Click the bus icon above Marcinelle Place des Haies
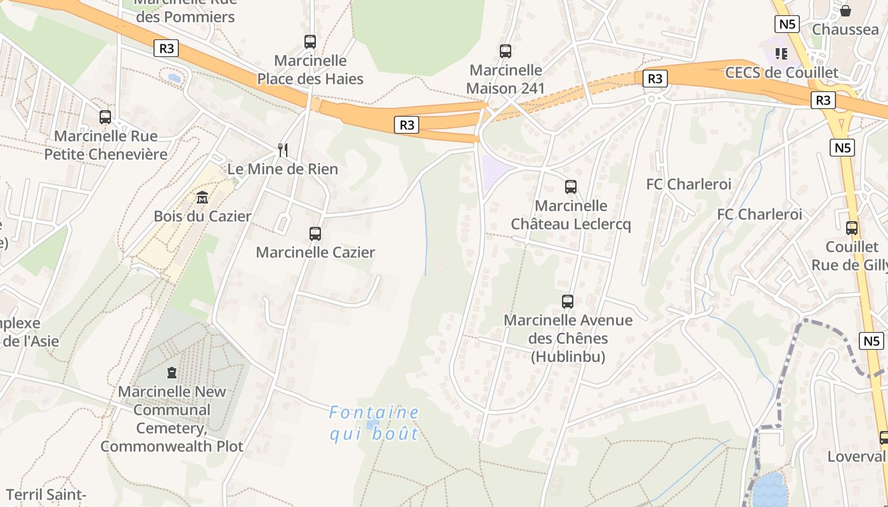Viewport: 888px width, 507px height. click(x=310, y=42)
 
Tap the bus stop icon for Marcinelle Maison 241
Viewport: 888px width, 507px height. click(x=506, y=51)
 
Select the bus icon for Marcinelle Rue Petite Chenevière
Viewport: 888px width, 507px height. click(x=105, y=117)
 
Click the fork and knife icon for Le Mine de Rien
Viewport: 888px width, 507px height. click(x=283, y=150)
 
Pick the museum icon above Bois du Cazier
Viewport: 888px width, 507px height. click(x=202, y=198)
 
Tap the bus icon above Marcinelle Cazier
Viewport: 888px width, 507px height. click(x=315, y=233)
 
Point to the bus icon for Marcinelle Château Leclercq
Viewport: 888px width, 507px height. click(x=571, y=187)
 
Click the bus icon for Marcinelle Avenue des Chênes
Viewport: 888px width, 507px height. click(x=568, y=302)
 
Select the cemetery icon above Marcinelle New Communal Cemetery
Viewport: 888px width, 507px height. click(x=171, y=373)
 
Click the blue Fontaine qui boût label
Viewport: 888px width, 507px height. click(x=374, y=423)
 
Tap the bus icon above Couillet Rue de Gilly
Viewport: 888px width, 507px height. click(x=852, y=228)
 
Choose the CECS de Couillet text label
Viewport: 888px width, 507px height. click(x=781, y=72)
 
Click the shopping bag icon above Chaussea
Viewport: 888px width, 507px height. click(x=846, y=11)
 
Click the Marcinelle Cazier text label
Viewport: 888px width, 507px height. click(x=315, y=252)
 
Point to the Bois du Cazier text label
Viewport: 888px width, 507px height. click(x=202, y=216)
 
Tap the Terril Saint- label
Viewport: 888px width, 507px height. click(x=46, y=494)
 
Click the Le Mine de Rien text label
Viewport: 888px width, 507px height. click(x=283, y=169)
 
